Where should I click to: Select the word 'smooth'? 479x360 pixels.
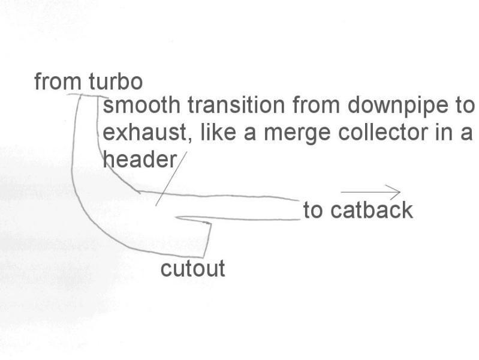(x=142, y=106)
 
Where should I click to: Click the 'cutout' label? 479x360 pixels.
(x=192, y=268)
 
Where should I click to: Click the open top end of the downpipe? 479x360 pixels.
(x=88, y=96)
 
